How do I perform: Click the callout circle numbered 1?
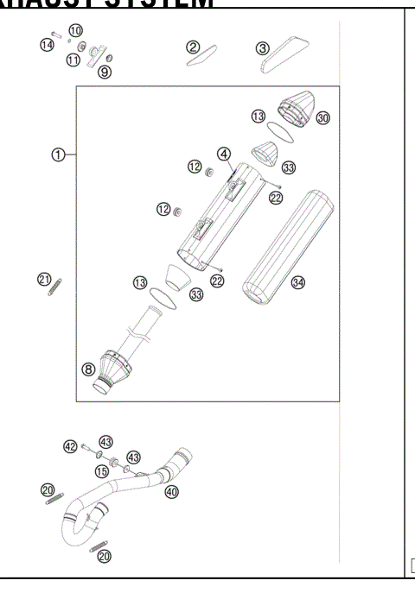(58, 155)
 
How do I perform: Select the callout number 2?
(194, 47)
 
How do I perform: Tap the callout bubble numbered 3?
(262, 48)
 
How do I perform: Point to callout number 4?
(224, 154)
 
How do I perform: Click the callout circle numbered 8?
(88, 369)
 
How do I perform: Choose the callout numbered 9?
(105, 73)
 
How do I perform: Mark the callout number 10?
(76, 30)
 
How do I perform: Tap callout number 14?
(47, 44)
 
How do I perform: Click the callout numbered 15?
(102, 470)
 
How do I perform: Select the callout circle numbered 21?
(44, 278)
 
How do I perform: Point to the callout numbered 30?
(323, 118)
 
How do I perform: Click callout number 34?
(297, 282)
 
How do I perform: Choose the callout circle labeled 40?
(171, 491)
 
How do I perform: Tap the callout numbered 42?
(71, 446)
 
